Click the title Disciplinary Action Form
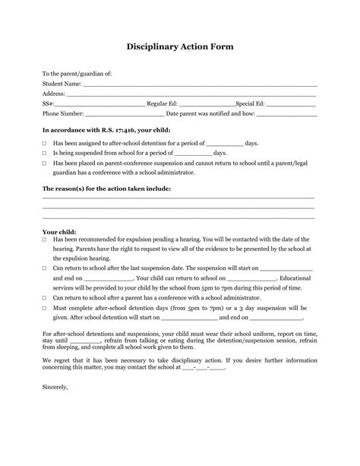coord(180,46)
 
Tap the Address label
coord(54,94)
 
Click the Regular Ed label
coord(163,103)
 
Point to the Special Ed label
coord(251,103)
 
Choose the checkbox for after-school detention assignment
coord(45,143)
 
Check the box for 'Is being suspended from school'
coord(45,153)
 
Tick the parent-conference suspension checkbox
coord(45,163)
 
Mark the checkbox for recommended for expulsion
coord(45,239)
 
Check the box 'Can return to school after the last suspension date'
coord(45,268)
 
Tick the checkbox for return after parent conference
coord(45,298)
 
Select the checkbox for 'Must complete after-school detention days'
coord(45,308)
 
